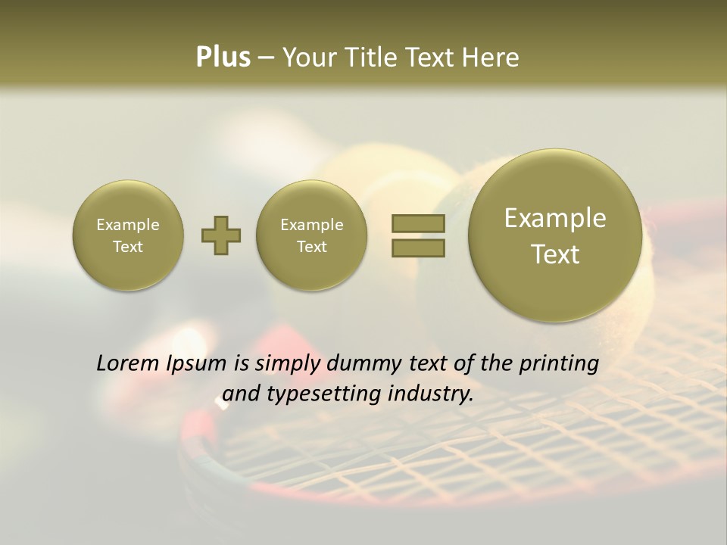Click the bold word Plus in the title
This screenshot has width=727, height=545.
click(223, 58)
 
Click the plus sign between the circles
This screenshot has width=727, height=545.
click(221, 235)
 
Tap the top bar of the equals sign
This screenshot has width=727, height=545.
click(418, 223)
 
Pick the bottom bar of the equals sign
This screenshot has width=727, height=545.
click(418, 248)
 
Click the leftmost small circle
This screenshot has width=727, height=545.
click(128, 235)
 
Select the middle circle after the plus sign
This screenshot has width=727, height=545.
click(311, 235)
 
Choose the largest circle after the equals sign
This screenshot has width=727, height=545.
click(555, 235)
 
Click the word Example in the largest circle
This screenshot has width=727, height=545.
click(555, 218)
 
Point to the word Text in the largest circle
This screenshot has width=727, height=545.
click(555, 254)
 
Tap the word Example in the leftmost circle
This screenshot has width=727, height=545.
click(128, 225)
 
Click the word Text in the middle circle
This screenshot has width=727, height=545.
click(311, 247)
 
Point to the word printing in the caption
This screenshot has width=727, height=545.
click(558, 363)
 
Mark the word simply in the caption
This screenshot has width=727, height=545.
click(285, 363)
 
